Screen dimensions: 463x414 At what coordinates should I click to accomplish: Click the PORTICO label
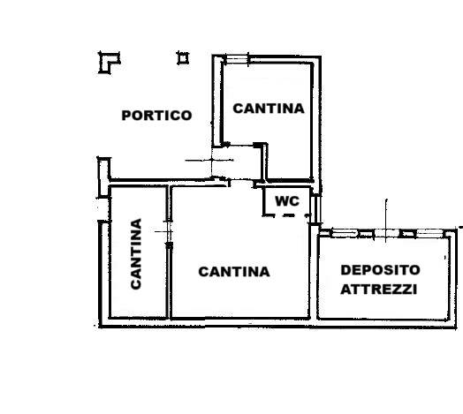click(x=156, y=116)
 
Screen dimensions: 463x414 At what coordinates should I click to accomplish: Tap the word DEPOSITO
click(x=380, y=270)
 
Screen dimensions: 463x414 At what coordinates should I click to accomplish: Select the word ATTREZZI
click(x=379, y=290)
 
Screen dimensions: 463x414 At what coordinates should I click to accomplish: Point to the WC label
click(x=287, y=201)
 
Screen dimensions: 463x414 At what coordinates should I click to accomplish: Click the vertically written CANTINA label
click(x=136, y=254)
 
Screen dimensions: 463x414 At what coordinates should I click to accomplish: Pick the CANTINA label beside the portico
click(x=269, y=109)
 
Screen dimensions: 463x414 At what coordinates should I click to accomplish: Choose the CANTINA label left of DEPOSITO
click(x=234, y=272)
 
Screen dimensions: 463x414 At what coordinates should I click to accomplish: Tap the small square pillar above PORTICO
click(x=183, y=58)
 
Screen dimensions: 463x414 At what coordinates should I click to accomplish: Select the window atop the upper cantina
click(x=237, y=60)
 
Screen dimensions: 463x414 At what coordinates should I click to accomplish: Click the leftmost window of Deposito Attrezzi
click(x=345, y=233)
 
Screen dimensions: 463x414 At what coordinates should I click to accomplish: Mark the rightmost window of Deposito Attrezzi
click(x=430, y=233)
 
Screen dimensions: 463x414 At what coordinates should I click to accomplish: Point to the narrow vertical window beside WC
click(x=317, y=208)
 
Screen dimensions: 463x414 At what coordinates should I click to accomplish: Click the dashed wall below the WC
click(x=286, y=215)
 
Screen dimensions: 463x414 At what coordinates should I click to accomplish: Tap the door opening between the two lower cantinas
click(x=169, y=231)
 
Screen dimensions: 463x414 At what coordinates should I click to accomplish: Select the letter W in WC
click(x=282, y=201)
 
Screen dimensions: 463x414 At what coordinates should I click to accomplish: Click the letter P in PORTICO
click(x=126, y=116)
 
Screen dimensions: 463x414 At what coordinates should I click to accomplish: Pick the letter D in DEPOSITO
click(x=345, y=270)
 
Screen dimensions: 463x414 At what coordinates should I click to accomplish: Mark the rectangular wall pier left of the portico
click(x=104, y=177)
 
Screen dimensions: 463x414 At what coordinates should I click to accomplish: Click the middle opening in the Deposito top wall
click(x=387, y=233)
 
